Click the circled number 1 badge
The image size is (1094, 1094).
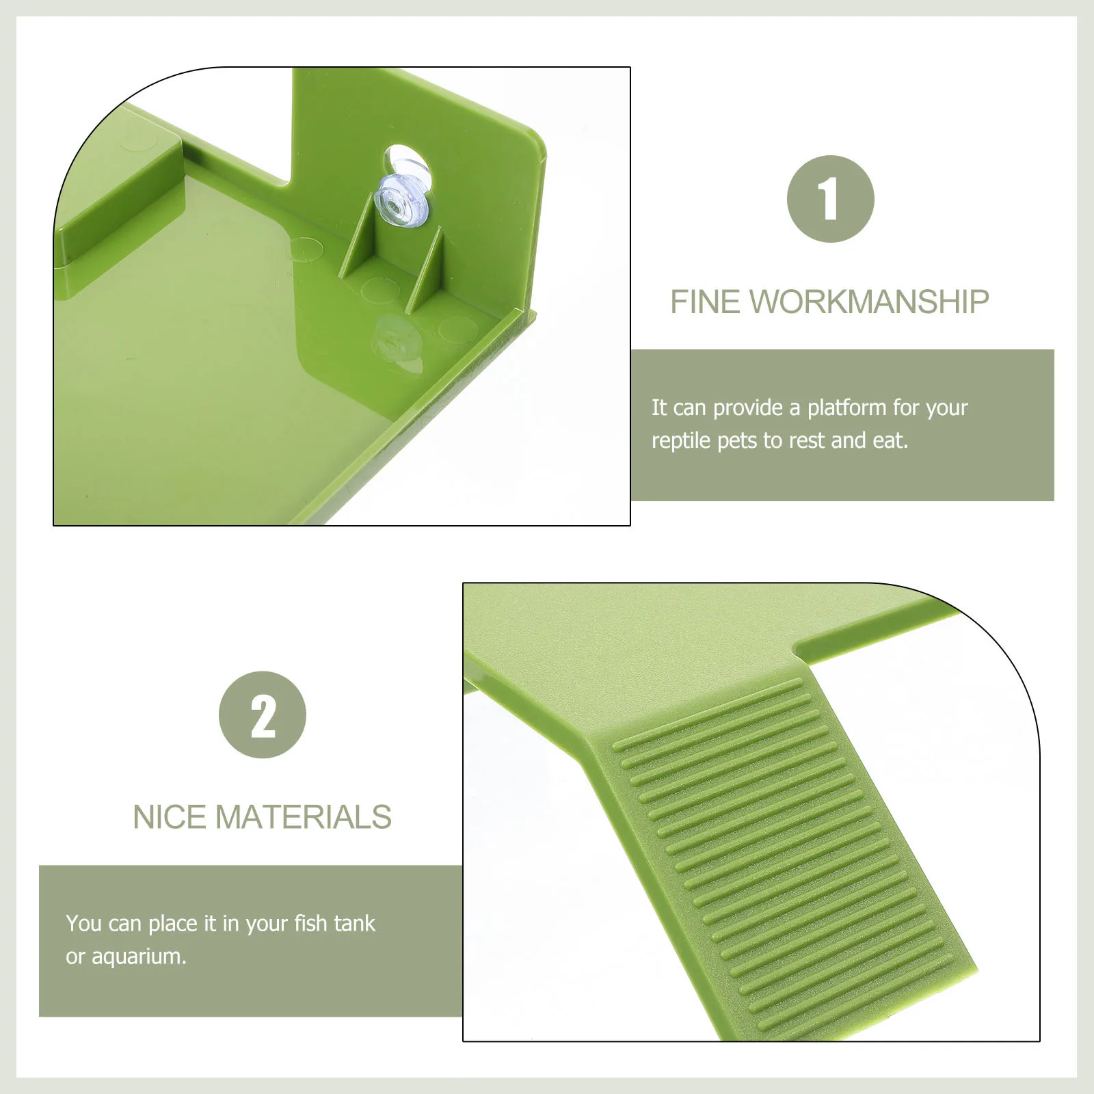[x=830, y=199]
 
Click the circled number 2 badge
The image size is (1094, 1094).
[x=263, y=715]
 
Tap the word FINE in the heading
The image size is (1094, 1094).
[x=704, y=302]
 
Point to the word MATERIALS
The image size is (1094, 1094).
[x=304, y=818]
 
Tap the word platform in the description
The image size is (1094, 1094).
[x=846, y=408]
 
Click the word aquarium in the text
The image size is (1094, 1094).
[x=138, y=957]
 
